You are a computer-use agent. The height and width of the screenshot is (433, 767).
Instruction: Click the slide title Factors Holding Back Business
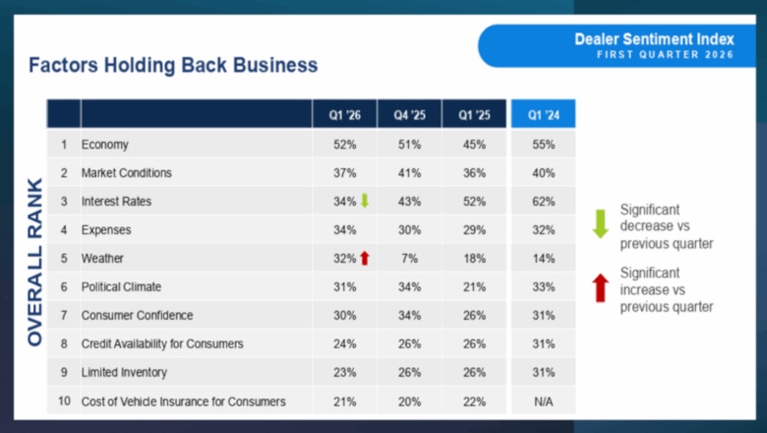(x=173, y=66)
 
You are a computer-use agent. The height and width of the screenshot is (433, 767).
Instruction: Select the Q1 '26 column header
(x=344, y=114)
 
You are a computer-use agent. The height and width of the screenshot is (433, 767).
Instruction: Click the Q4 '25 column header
(x=409, y=114)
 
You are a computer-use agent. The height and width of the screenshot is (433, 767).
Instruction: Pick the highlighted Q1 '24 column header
(x=543, y=114)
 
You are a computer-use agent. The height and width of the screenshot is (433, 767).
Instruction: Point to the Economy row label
(x=105, y=145)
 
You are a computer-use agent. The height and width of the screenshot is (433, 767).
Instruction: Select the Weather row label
(x=103, y=259)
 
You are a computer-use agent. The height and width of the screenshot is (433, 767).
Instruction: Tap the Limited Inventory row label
(x=124, y=372)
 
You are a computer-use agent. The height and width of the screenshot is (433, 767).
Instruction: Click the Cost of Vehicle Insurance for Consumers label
(x=184, y=401)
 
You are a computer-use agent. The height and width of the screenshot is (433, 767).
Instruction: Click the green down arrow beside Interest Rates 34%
(x=364, y=201)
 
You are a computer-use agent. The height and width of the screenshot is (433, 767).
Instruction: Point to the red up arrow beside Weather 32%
(x=364, y=258)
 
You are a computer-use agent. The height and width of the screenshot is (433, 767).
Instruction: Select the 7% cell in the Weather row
(x=409, y=259)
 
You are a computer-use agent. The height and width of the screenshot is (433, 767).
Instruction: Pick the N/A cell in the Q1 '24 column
(x=543, y=401)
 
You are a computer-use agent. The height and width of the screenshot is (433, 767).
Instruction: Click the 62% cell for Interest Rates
(x=543, y=202)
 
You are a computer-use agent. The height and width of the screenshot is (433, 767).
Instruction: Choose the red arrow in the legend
(x=599, y=288)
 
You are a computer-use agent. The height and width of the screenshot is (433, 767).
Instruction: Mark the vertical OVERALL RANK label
(x=35, y=261)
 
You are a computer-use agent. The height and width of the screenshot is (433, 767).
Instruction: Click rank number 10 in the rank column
(x=64, y=401)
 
